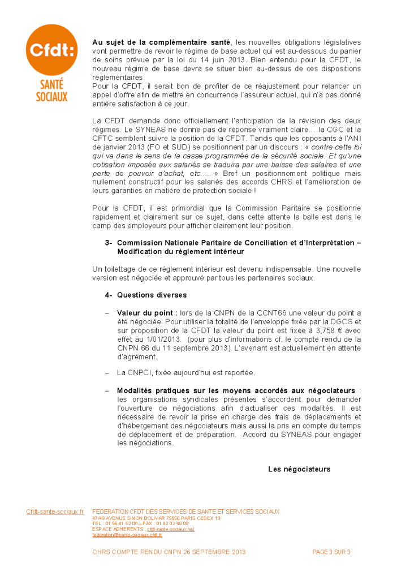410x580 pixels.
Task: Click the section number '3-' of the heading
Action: click(109, 242)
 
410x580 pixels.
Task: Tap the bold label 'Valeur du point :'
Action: click(147, 313)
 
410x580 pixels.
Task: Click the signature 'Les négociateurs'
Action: click(299, 469)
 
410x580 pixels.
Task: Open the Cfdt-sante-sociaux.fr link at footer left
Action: click(55, 512)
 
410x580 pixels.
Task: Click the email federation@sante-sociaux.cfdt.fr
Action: click(127, 535)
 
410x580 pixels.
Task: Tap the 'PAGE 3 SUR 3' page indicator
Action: click(331, 552)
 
